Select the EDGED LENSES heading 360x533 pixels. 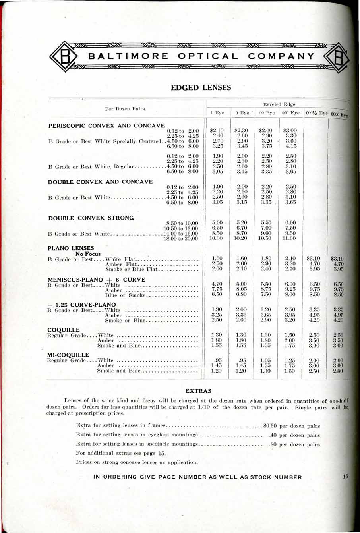coord(201,87)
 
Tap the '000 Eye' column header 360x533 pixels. coord(290,113)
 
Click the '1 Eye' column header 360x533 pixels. coord(217,113)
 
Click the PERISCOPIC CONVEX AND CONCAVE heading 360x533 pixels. coord(106,126)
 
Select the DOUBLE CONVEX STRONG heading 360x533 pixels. coord(91,218)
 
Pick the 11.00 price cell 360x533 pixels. coord(289,238)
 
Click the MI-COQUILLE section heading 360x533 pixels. coord(68,355)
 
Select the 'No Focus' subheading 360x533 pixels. coord(88,254)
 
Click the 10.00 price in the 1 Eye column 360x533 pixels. coord(216,238)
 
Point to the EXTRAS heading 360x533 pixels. coord(199,391)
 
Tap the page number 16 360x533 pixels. coord(345,477)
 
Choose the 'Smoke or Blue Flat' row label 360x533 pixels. coord(131,269)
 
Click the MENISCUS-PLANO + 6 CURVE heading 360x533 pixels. coord(97,280)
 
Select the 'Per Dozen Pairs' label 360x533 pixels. coord(125,108)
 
